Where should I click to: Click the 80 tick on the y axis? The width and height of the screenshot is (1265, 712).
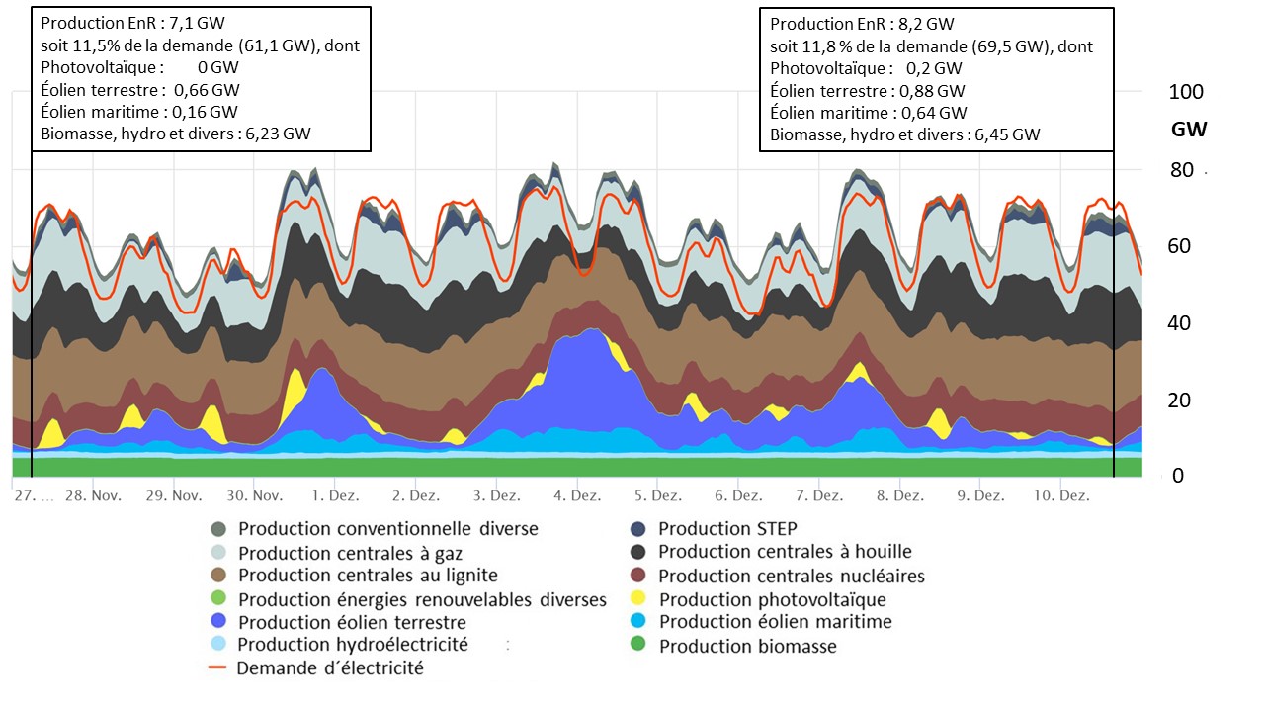(1181, 169)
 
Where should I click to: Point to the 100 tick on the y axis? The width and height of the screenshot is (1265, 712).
(1185, 92)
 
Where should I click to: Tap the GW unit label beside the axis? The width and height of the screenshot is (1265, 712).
(1189, 130)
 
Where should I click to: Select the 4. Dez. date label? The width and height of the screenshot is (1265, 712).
(578, 494)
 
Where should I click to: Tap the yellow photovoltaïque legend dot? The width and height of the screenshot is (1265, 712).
(638, 599)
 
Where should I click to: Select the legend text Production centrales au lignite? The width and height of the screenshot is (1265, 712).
(368, 576)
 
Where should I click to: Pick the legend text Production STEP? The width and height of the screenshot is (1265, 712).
(727, 529)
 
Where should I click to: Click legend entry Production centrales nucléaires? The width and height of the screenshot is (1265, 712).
(792, 576)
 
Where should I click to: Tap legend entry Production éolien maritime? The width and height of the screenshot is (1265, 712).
(775, 622)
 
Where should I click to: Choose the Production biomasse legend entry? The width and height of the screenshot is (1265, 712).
(747, 647)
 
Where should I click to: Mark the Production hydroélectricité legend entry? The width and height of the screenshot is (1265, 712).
(353, 645)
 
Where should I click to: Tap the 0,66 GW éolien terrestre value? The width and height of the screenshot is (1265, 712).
(213, 90)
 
